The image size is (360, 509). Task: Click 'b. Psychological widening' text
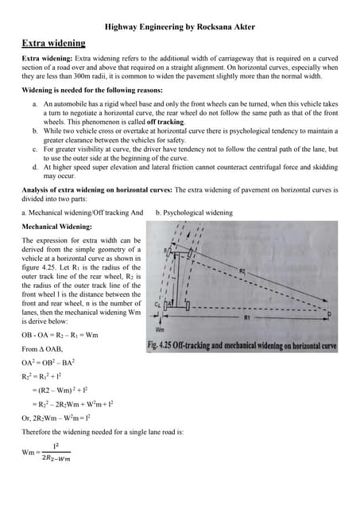tap(194, 212)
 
